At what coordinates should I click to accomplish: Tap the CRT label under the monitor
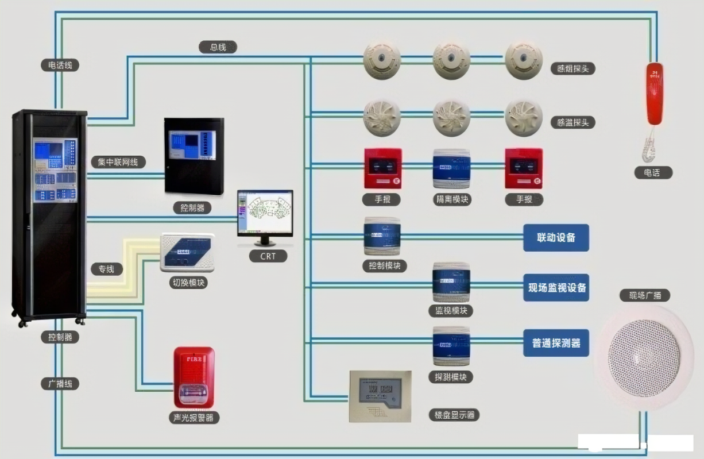click(268, 256)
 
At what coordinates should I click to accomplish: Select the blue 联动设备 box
click(556, 237)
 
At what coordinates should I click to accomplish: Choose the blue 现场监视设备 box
click(556, 288)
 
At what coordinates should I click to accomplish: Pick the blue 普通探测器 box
click(556, 343)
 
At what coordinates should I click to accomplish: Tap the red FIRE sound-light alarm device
click(194, 377)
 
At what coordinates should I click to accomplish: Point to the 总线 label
click(218, 47)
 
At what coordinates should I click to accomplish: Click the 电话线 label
click(60, 65)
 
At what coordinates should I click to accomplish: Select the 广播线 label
click(60, 383)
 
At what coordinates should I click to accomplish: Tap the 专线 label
click(106, 268)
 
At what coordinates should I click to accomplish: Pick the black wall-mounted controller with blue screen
click(194, 155)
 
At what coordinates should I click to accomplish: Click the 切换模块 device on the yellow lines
click(187, 252)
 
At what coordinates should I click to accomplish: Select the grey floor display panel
click(380, 396)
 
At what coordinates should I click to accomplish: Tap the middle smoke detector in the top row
click(451, 59)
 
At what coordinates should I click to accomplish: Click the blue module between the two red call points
click(451, 168)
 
